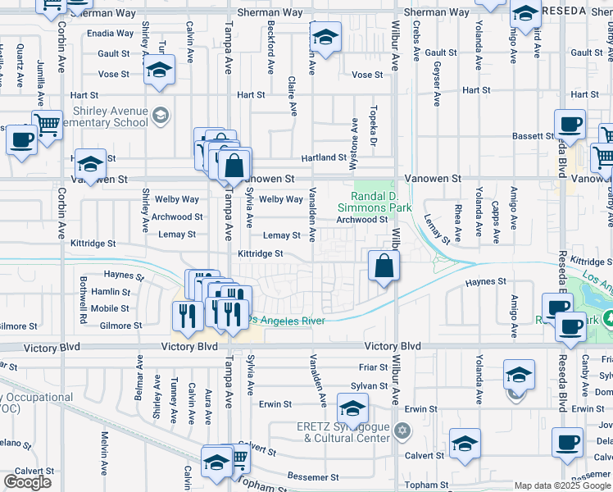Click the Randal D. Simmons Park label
380,202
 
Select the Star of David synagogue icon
402,430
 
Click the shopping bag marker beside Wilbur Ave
384,266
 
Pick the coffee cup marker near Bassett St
570,125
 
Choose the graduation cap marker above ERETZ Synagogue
352,408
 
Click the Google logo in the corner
27,482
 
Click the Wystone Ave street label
355,135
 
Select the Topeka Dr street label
373,123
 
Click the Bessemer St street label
312,476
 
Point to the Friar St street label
373,367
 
